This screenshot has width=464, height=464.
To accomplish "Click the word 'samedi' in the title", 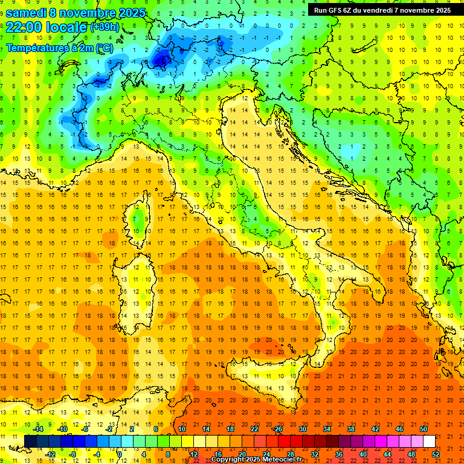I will click(x=28, y=13).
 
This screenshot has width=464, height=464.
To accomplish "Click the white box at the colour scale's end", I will click(x=429, y=441).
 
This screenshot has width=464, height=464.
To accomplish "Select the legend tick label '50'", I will click(x=423, y=428).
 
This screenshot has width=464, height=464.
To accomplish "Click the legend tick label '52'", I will click(x=436, y=454).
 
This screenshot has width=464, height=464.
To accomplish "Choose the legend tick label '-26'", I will click(x=277, y=428).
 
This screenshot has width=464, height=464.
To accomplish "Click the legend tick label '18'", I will click(x=230, y=428).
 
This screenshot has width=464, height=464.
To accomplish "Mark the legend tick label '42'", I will click(x=375, y=428).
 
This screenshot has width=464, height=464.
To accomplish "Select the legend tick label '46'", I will click(x=399, y=428).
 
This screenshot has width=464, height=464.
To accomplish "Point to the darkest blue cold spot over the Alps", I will click(x=162, y=59).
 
